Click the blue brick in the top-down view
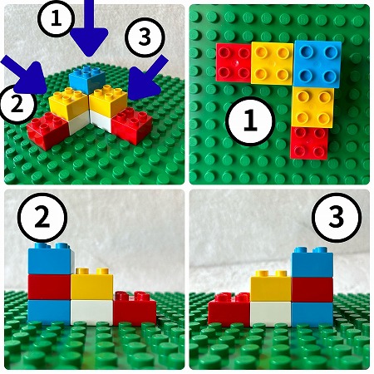pyautogui.click(x=317, y=64)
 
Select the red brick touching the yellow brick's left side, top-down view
pyautogui.click(x=234, y=62)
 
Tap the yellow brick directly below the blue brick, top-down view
pyautogui.click(x=313, y=107)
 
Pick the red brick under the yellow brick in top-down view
pyautogui.click(x=309, y=143)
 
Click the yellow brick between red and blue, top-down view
pyautogui.click(x=272, y=63)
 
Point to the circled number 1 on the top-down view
pyautogui.click(x=250, y=121)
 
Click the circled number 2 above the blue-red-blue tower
pyautogui.click(x=42, y=218)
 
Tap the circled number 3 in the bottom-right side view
pyautogui.click(x=337, y=216)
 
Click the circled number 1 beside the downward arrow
pyautogui.click(x=57, y=19)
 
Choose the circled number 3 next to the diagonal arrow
pyautogui.click(x=145, y=37)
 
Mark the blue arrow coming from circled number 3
pyautogui.click(x=147, y=79)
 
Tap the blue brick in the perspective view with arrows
pyautogui.click(x=87, y=79)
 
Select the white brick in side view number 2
pyautogui.click(x=91, y=312)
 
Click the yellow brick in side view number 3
pyautogui.click(x=271, y=288)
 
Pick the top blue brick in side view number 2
pyautogui.click(x=51, y=259)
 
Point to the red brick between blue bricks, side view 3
pyautogui.click(x=312, y=289)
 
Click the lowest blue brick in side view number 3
pyautogui.click(x=312, y=314)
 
